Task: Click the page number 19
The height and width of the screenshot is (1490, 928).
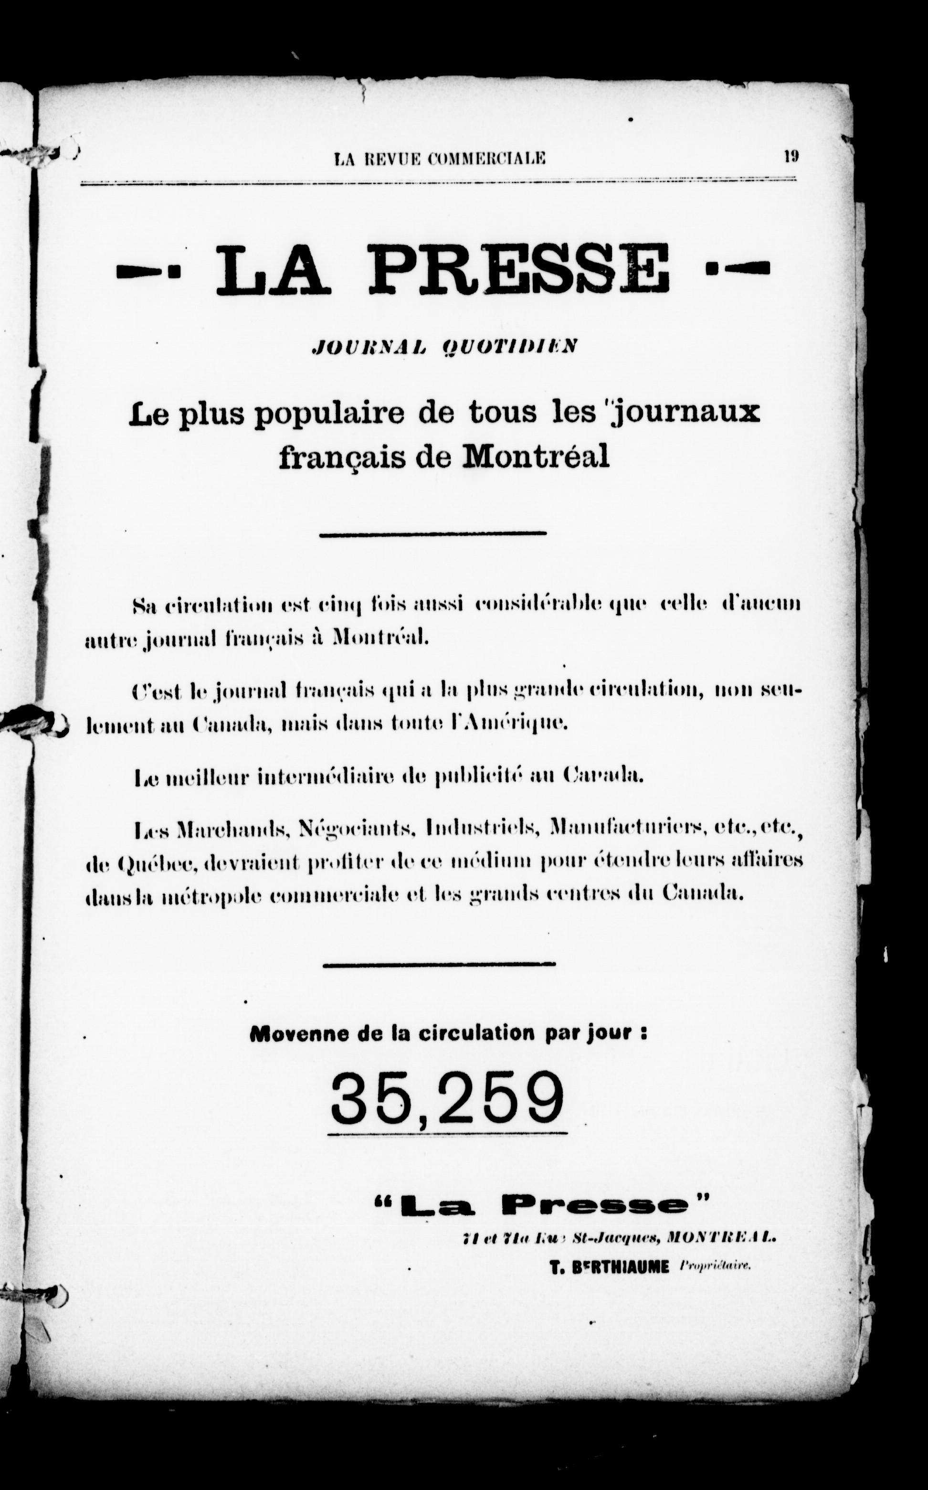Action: click(791, 157)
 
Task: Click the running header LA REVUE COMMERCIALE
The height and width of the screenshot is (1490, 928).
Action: click(440, 159)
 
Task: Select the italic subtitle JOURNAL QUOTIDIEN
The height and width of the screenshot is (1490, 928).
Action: click(445, 348)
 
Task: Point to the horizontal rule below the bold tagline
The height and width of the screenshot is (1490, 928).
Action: click(432, 533)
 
